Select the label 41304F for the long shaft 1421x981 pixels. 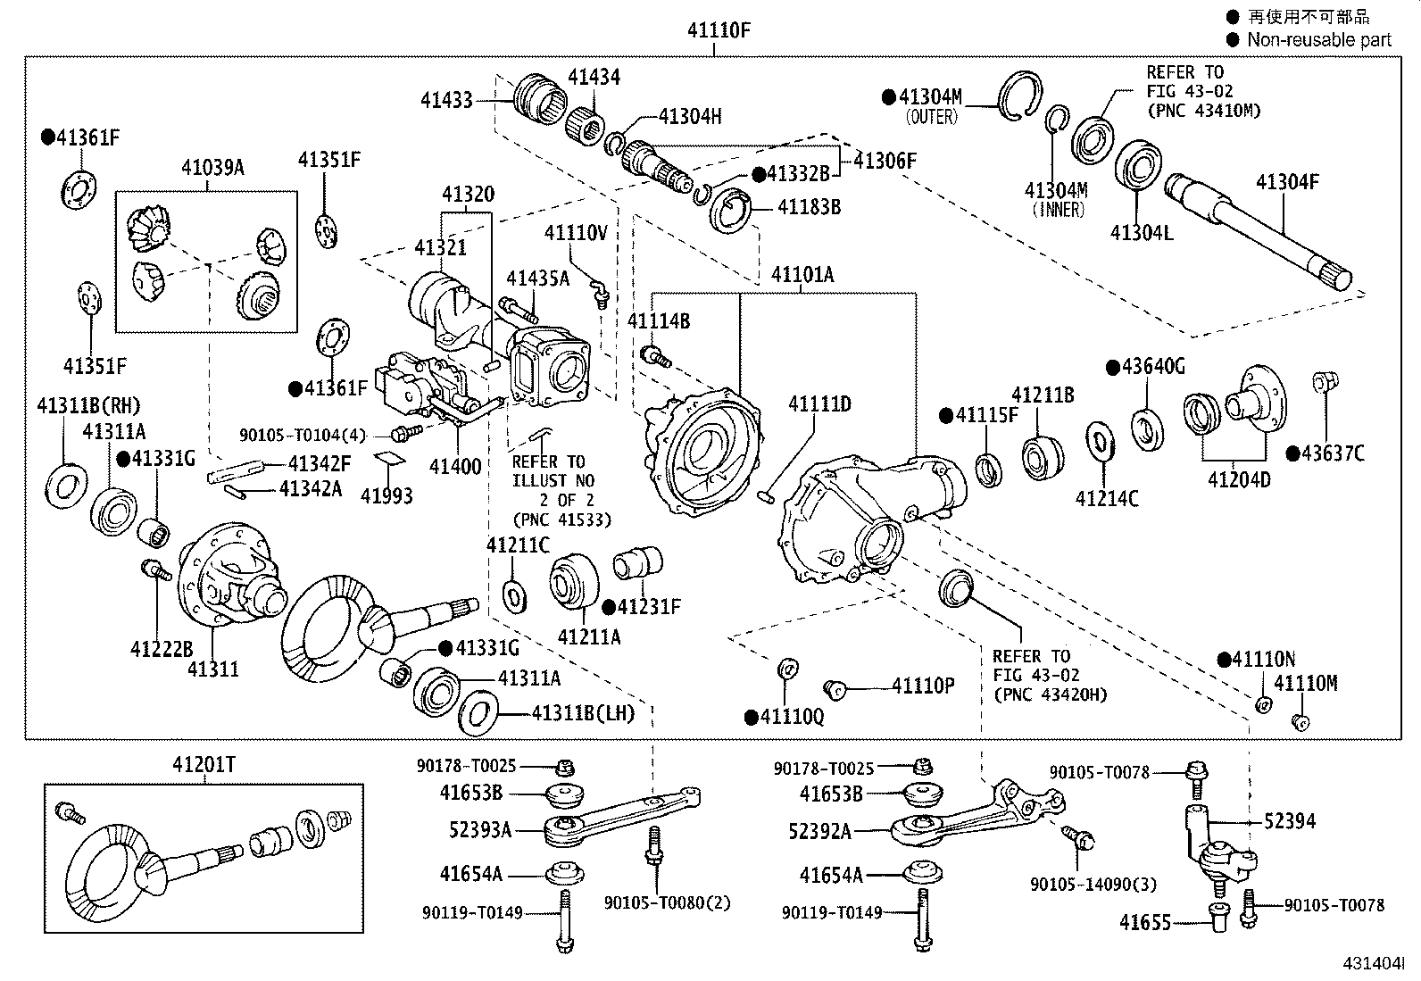(x=1286, y=183)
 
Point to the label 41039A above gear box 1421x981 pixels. (x=212, y=167)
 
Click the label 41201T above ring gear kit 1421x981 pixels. (x=204, y=765)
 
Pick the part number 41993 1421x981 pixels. (x=386, y=495)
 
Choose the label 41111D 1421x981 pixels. (x=819, y=404)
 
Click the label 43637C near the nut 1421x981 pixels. (x=1332, y=453)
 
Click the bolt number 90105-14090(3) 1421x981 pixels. (x=1093, y=884)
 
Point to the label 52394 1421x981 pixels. (x=1289, y=821)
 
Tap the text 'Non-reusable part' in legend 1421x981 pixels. (x=1318, y=39)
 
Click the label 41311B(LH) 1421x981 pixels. (x=583, y=713)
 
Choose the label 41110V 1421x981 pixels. (x=576, y=234)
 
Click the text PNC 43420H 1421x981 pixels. (x=1049, y=694)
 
